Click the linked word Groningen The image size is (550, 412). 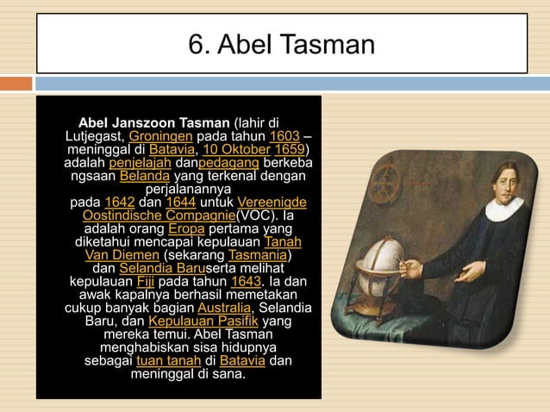160,136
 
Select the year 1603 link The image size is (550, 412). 284,136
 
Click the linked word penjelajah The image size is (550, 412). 141,163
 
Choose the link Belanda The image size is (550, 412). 145,177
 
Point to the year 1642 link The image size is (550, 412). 119,203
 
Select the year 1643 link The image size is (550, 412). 246,282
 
